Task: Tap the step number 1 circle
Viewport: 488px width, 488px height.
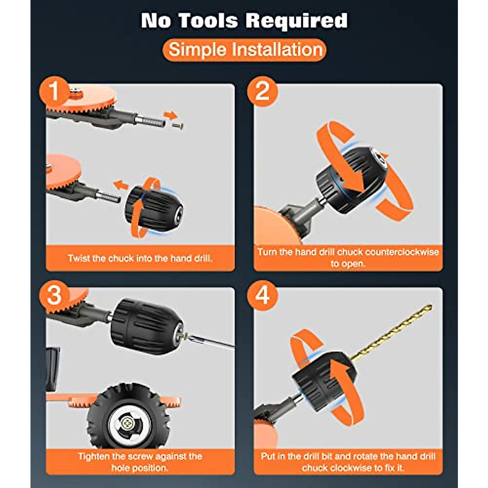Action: (x=54, y=91)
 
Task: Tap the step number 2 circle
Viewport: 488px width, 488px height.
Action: (x=262, y=91)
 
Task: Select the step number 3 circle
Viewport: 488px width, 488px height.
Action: (x=54, y=296)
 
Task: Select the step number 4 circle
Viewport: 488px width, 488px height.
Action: (x=262, y=296)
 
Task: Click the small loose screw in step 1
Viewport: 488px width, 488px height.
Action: (x=178, y=126)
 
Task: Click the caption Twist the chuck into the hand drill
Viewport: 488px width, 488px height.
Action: (x=140, y=258)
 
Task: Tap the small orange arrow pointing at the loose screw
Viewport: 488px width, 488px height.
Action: (x=171, y=115)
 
